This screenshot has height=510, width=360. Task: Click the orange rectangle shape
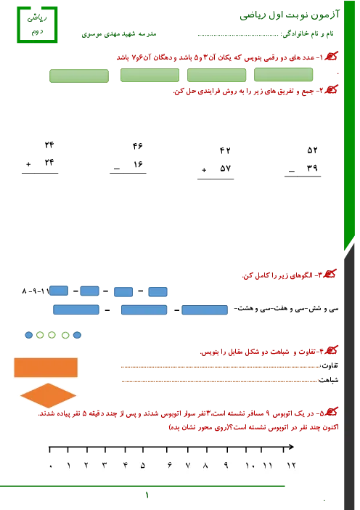click(46, 368)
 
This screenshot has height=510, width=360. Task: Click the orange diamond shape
click(48, 395)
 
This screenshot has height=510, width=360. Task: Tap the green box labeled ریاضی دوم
click(37, 25)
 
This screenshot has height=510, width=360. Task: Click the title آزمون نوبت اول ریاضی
click(290, 15)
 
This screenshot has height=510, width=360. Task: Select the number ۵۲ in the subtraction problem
click(312, 150)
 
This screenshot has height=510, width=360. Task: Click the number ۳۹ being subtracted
click(312, 168)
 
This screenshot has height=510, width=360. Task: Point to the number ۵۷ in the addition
click(225, 168)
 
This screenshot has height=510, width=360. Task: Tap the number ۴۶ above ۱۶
click(137, 146)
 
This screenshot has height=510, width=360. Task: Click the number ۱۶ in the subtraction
click(138, 164)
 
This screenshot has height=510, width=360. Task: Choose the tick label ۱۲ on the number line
click(291, 466)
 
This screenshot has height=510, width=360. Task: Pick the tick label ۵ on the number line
click(143, 466)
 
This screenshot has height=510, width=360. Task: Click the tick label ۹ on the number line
click(226, 466)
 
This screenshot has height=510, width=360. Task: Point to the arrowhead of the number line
click(291, 447)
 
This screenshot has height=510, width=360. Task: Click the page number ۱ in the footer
click(147, 495)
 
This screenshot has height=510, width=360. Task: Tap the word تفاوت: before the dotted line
click(330, 366)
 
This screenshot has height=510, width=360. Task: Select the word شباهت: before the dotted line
click(329, 380)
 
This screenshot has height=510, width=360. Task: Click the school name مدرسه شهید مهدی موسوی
click(119, 34)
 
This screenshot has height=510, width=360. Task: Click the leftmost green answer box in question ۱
click(79, 76)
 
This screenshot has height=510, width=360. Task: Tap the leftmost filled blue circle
click(29, 335)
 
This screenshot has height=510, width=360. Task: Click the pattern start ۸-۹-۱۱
click(36, 291)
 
